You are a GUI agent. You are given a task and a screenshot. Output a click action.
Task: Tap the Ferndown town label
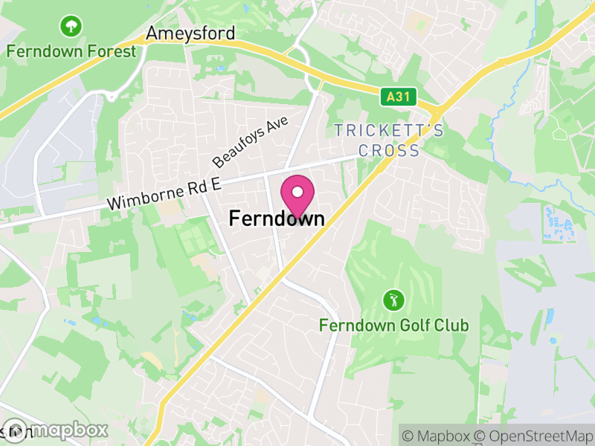(277, 219)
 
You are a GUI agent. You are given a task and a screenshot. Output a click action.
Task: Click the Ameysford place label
(191, 33)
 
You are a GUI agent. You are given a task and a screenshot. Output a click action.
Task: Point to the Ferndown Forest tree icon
(71, 28)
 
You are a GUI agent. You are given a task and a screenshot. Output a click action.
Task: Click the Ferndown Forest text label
(71, 51)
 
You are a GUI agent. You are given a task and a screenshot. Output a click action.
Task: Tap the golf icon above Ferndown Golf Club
(393, 301)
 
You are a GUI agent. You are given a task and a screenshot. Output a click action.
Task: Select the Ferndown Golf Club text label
(393, 326)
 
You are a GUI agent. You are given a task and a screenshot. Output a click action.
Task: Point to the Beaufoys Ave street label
(250, 141)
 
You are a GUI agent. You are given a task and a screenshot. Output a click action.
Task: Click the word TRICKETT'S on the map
(389, 131)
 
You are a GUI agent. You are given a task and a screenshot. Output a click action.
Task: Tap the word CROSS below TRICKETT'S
(389, 150)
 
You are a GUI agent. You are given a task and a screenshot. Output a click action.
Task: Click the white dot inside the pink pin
(297, 192)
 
